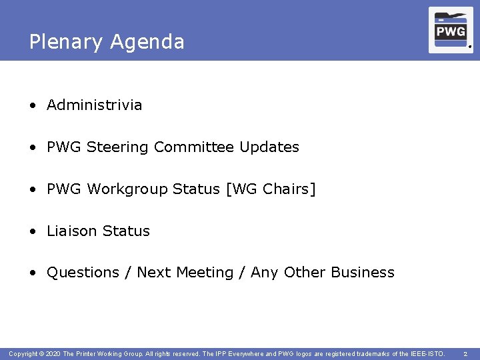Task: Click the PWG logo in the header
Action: coord(451,30)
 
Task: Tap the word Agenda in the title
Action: coord(147,43)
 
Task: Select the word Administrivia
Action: coord(94,105)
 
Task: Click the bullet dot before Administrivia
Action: coord(33,105)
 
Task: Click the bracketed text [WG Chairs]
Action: coord(271,189)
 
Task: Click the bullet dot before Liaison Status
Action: coord(33,231)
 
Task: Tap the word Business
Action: coord(363,273)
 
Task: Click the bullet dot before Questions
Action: coord(33,273)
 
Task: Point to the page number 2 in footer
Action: coord(465,353)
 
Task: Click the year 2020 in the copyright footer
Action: coord(53,353)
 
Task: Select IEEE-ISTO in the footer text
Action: coord(427,353)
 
